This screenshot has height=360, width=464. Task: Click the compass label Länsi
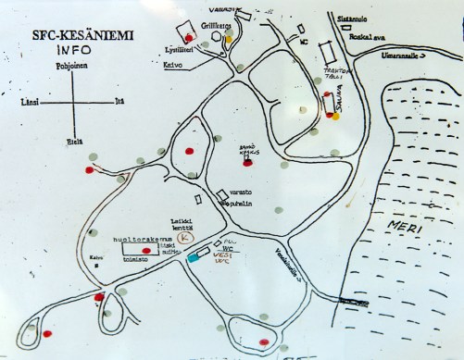[x=27, y=102]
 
